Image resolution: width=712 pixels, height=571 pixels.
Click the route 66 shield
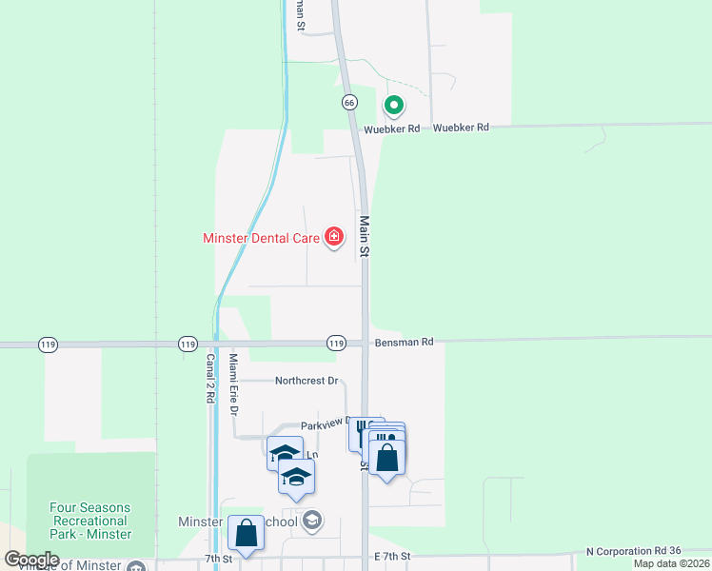[x=349, y=102]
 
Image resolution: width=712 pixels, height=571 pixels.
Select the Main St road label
[x=364, y=237]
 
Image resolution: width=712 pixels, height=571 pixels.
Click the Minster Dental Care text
[x=261, y=238]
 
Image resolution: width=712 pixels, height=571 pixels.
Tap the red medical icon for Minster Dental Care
[x=334, y=237]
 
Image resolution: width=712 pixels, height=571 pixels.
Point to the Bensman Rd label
[x=404, y=342]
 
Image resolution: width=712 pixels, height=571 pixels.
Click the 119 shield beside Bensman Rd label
[x=336, y=343]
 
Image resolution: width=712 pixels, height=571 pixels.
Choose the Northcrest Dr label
[x=307, y=381]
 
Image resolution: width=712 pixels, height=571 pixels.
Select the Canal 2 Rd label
[x=210, y=379]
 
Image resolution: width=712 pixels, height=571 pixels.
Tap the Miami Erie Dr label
[x=232, y=383]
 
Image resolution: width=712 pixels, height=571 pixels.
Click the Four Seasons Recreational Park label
[x=90, y=521]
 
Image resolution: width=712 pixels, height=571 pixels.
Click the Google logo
[x=31, y=560]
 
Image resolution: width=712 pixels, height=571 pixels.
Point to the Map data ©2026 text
[x=671, y=563]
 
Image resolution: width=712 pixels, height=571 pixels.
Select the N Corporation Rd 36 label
[x=635, y=552]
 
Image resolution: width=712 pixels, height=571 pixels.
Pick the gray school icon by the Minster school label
[x=311, y=520]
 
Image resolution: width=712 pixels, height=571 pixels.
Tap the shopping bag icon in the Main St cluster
[x=387, y=458]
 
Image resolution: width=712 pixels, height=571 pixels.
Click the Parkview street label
[x=324, y=424]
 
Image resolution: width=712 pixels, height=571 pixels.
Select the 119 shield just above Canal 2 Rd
[x=187, y=343]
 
